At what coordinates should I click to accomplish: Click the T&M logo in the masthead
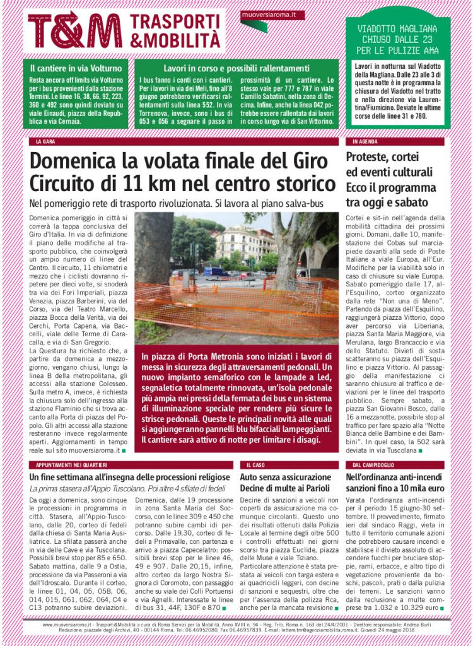(75, 30)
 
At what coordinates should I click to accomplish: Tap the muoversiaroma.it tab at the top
(264, 13)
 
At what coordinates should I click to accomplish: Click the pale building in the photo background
(243, 243)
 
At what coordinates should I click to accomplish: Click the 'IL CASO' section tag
(255, 464)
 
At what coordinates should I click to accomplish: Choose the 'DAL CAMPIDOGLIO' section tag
(372, 464)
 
